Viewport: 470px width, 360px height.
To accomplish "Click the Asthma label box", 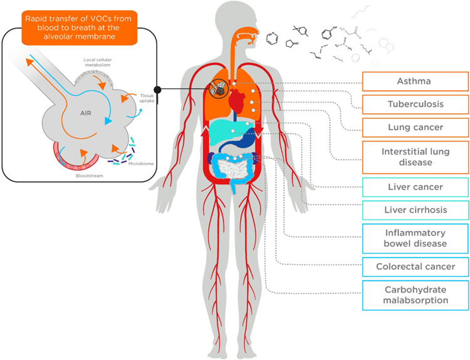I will (x=414, y=81).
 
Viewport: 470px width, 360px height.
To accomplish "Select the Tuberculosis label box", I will (x=414, y=104).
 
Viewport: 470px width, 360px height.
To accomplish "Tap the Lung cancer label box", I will (x=414, y=127).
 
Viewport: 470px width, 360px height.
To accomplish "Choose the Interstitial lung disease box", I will (x=414, y=157).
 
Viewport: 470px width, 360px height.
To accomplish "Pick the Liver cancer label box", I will (x=414, y=187).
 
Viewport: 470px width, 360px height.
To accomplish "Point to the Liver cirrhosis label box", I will (x=414, y=210).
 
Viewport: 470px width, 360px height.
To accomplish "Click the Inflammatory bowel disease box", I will (x=414, y=238).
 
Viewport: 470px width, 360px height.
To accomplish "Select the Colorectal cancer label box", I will (x=414, y=267).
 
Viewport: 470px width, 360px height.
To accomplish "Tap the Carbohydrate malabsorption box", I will (x=414, y=295).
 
